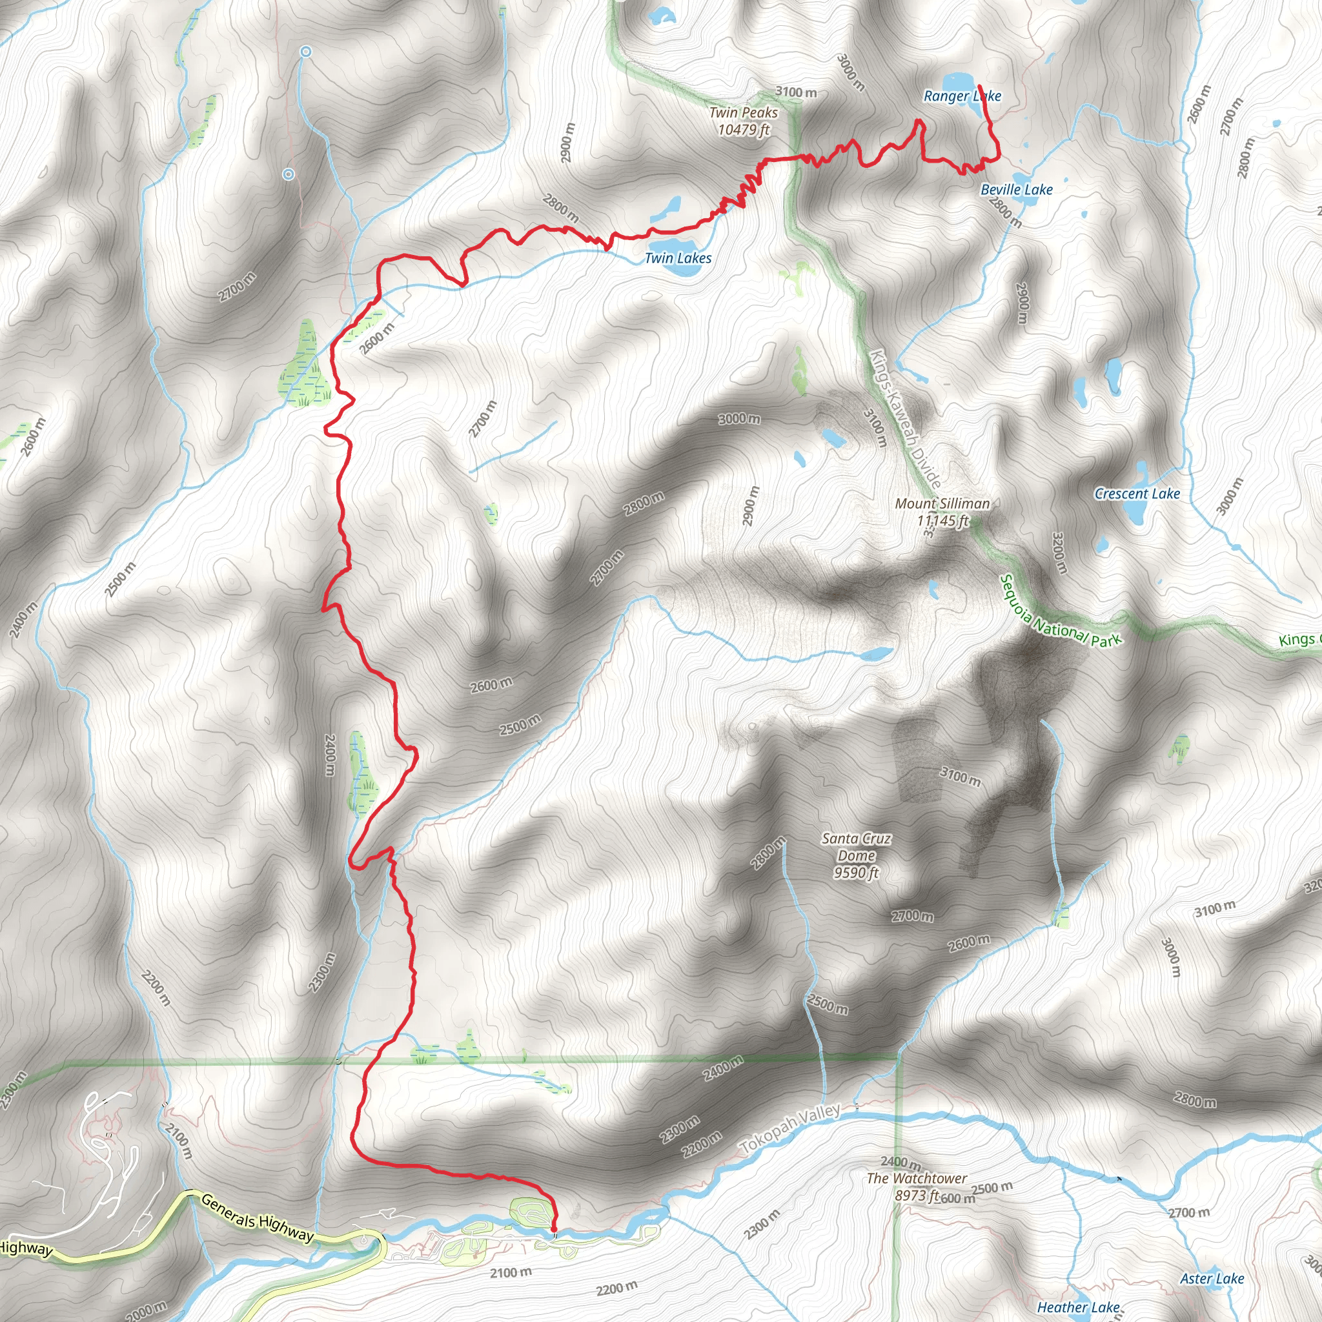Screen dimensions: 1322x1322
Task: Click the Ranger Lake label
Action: pyautogui.click(x=962, y=96)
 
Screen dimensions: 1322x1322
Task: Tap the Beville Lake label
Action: pyautogui.click(x=1016, y=190)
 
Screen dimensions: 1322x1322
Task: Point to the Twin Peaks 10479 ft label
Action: pyautogui.click(x=743, y=121)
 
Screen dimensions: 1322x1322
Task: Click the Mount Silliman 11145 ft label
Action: pyautogui.click(x=942, y=512)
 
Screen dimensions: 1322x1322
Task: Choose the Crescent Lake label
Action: pyautogui.click(x=1137, y=493)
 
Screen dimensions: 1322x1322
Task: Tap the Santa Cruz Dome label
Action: pyautogui.click(x=856, y=855)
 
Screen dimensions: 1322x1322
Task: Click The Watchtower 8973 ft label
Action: pyautogui.click(x=916, y=1186)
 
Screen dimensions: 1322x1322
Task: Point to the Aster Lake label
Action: pyautogui.click(x=1212, y=1278)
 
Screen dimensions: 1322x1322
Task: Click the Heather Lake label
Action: pyautogui.click(x=1079, y=1308)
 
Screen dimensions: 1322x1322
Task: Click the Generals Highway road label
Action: pyautogui.click(x=258, y=1217)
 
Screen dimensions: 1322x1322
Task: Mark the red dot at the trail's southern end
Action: pyautogui.click(x=553, y=1230)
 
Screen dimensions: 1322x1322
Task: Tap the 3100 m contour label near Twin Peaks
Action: pyautogui.click(x=796, y=92)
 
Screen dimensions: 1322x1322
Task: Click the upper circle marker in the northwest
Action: pyautogui.click(x=306, y=52)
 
